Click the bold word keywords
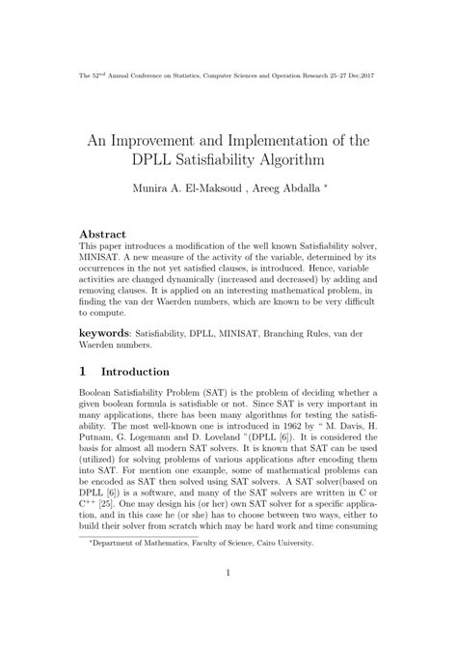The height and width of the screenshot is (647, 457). pyautogui.click(x=107, y=331)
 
